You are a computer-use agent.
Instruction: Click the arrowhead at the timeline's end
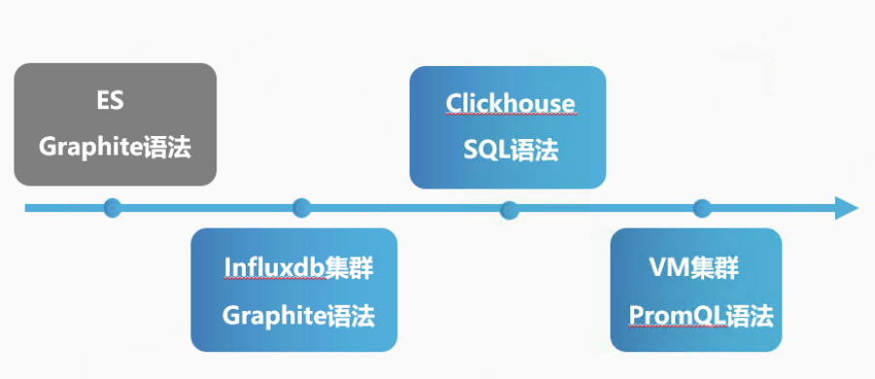[x=846, y=207]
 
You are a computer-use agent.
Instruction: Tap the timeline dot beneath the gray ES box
[x=113, y=207]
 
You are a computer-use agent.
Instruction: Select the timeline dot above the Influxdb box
[x=302, y=207]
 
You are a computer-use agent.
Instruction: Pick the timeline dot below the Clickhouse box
[x=508, y=208]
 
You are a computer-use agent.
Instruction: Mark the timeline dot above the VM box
[x=702, y=207]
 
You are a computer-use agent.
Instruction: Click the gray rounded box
[x=115, y=124]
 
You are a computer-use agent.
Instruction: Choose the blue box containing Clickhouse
[x=508, y=126]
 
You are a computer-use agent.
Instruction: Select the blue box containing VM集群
[x=695, y=290]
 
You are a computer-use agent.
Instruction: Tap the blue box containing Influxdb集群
[x=293, y=290]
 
